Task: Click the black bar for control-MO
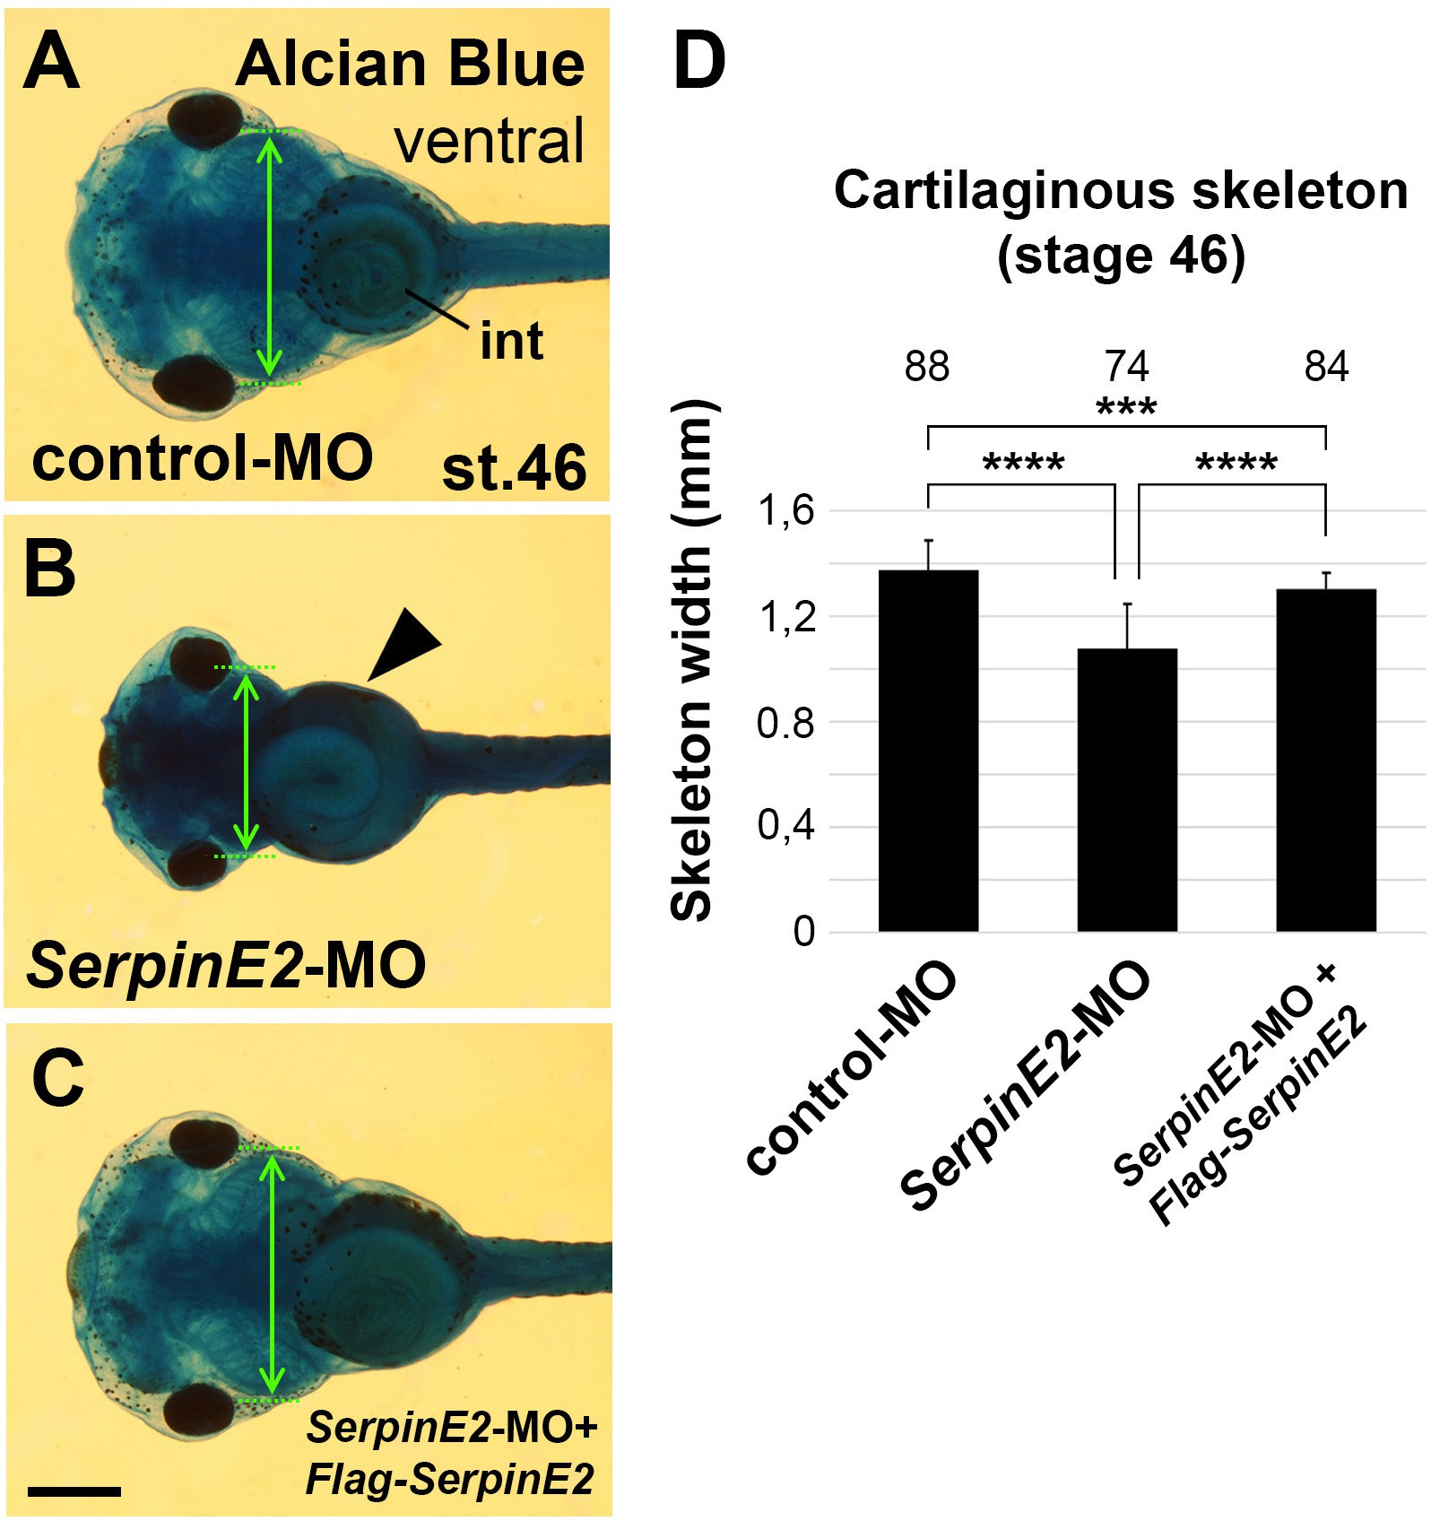tap(928, 751)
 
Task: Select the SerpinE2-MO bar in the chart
tap(1127, 790)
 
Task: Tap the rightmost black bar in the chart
tap(1326, 760)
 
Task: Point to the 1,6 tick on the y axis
tap(786, 511)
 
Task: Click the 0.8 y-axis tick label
tap(785, 722)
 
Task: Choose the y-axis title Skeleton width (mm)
tap(691, 660)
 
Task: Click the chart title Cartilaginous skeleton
tap(1121, 190)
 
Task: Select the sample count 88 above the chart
tap(927, 367)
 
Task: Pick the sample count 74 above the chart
tap(1127, 367)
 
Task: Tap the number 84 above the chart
tap(1326, 367)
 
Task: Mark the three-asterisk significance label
tap(1127, 407)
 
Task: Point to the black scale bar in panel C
tap(74, 1491)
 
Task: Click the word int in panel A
tap(512, 341)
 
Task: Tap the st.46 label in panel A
tap(515, 467)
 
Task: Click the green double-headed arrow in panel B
tap(246, 761)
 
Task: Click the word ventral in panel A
tap(490, 141)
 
